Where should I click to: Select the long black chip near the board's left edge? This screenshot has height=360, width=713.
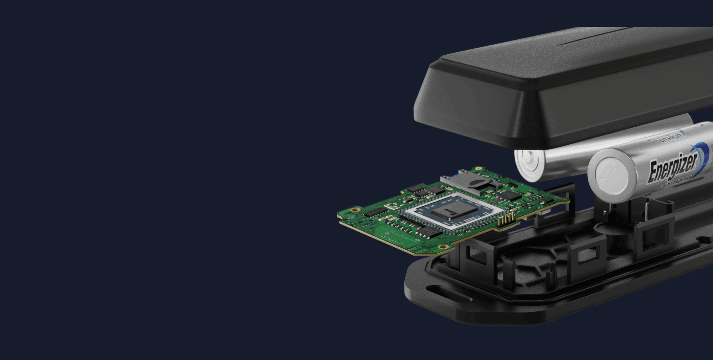(x=375, y=212)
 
